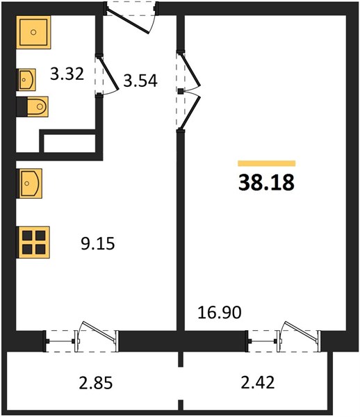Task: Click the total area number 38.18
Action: point(266,182)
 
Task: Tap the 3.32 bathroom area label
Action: point(67,74)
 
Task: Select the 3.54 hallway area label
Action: point(140,81)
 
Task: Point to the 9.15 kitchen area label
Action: point(98,244)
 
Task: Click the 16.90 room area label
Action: point(220,312)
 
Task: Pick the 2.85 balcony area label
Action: point(96,383)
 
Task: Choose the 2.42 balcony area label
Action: point(258,383)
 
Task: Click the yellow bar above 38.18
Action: point(267,163)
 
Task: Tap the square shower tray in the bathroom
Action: point(33,32)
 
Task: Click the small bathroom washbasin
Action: point(26,79)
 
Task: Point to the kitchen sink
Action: point(29,183)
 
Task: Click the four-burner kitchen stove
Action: point(33,243)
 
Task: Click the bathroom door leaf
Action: point(108,72)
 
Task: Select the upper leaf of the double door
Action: point(190,69)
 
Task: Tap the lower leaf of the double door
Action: point(190,113)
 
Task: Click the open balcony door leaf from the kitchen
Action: point(99,331)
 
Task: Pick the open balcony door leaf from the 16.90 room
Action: point(301,331)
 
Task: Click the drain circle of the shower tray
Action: point(33,32)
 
